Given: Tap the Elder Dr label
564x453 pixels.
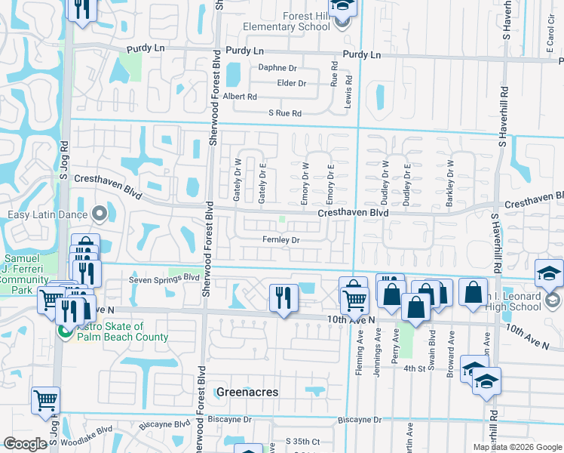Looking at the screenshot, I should coord(292,83).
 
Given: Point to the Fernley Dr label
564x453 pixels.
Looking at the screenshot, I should coord(281,240).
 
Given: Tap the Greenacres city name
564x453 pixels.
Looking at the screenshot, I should coord(247,392).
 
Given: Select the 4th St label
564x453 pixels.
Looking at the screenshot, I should coord(414,368).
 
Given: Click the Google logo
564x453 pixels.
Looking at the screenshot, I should coord(25,444).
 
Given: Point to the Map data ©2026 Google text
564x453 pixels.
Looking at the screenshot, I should coord(517,447).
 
